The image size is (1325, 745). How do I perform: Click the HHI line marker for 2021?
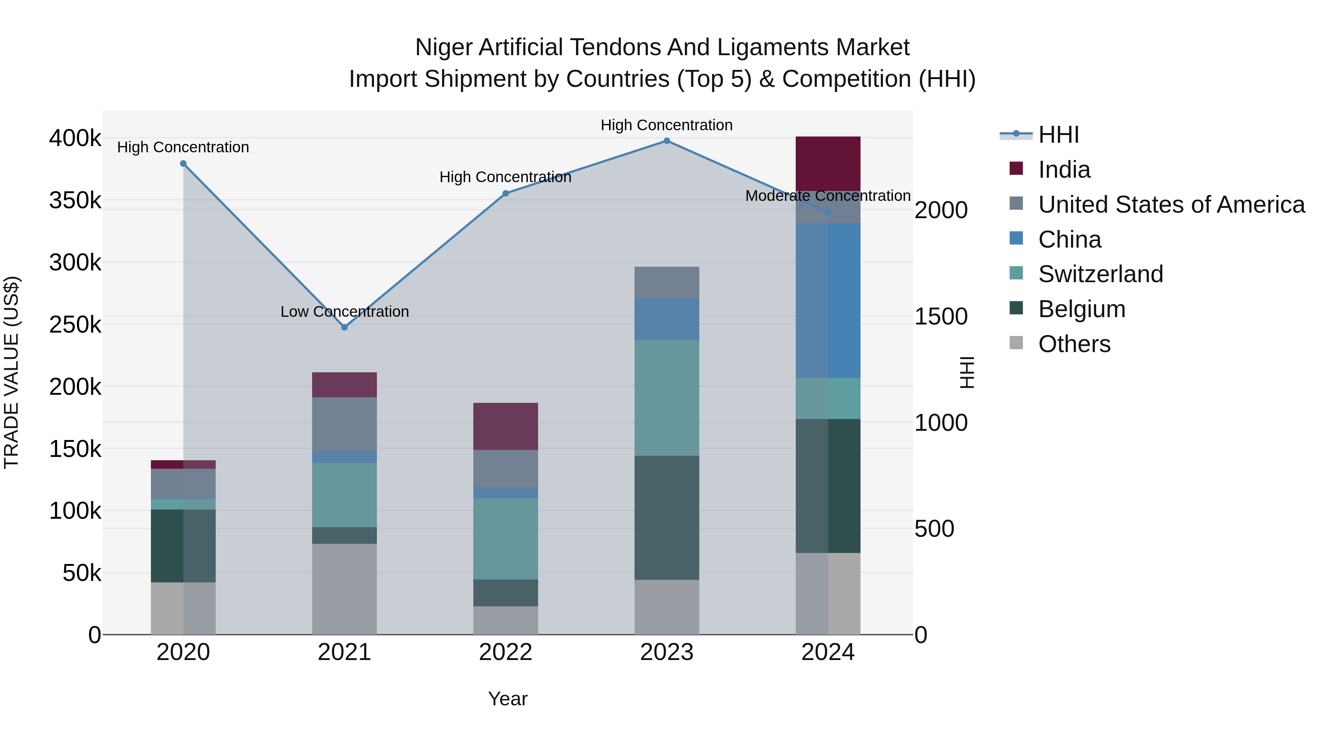coord(344,327)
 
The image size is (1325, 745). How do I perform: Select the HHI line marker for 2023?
coord(667,141)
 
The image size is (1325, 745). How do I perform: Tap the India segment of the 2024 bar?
coord(828,163)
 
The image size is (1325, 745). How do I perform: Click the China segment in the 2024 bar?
coord(828,301)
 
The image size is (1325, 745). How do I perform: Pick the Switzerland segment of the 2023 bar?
coord(667,398)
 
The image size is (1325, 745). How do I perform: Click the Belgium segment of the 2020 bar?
coord(183,546)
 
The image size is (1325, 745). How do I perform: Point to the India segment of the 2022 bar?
coord(506,426)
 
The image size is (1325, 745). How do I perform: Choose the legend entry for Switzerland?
coord(1100,274)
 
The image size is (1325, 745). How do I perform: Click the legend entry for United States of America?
coord(1171,205)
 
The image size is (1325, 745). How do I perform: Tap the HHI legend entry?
coord(1058,135)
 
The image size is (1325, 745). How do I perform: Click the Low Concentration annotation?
coord(344,312)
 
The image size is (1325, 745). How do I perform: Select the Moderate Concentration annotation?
coord(828,196)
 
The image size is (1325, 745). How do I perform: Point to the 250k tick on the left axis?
coord(75,325)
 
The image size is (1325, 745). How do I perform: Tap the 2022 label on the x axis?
coord(506,652)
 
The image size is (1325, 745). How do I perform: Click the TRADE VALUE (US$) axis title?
coord(11,372)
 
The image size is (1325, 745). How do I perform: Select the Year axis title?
coord(508,699)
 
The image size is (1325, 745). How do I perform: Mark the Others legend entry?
coord(1074,344)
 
